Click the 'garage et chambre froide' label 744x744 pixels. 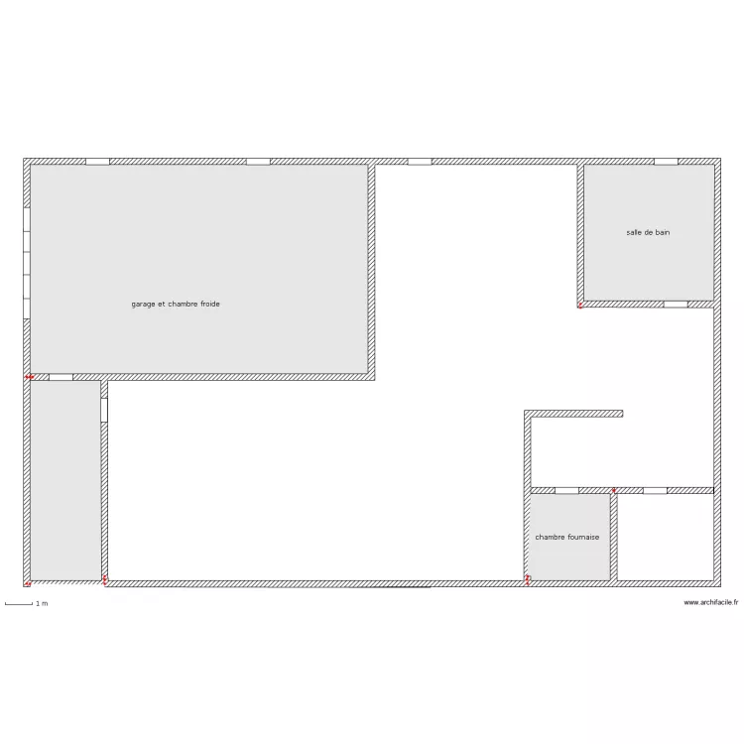click(176, 305)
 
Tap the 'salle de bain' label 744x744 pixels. click(648, 232)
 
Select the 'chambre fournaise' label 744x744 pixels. click(567, 537)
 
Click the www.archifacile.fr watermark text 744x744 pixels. click(711, 602)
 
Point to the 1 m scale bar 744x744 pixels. click(19, 604)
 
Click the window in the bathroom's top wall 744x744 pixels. click(667, 162)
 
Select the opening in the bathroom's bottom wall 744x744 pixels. click(676, 305)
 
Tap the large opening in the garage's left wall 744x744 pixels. click(27, 263)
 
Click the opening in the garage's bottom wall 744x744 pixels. click(62, 377)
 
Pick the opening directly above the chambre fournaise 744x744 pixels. click(567, 491)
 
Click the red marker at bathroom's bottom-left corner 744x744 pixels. click(580, 306)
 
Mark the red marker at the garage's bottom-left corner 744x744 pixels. click(30, 377)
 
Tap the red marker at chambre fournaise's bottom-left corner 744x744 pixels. click(527, 580)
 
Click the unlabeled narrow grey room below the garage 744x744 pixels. click(65, 480)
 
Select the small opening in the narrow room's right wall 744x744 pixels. click(104, 410)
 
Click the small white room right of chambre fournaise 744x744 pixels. click(666, 537)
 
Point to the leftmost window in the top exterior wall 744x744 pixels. click(98, 162)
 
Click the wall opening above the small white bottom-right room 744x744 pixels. click(656, 491)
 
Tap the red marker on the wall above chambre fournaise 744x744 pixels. click(613, 490)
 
